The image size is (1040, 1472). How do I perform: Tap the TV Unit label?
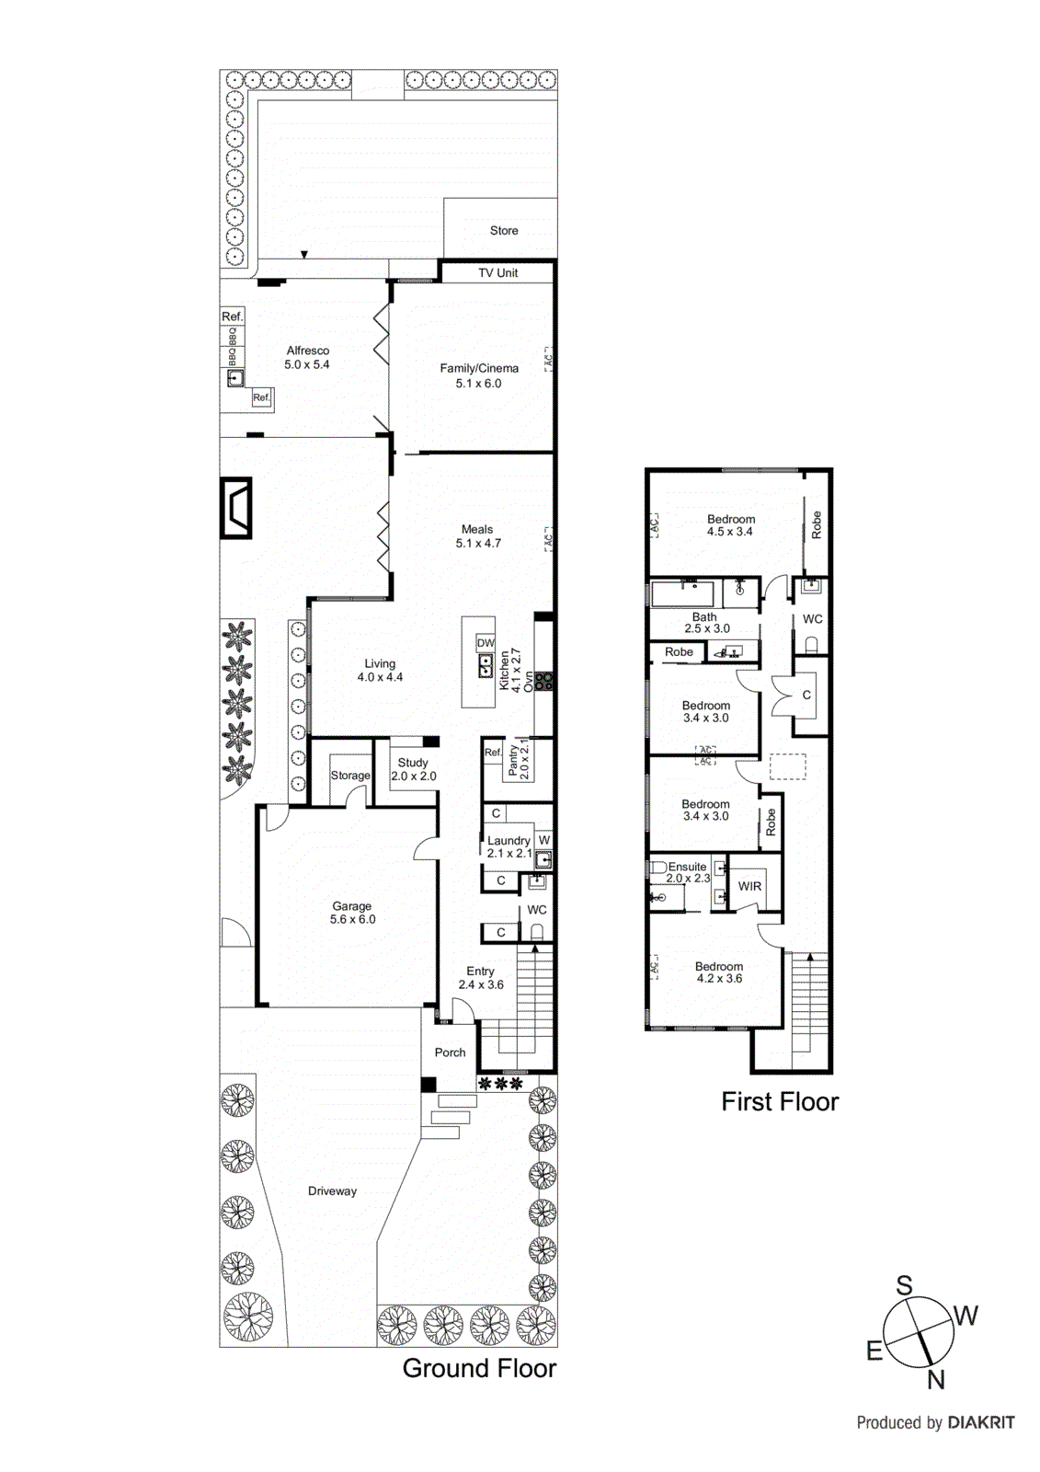coord(497,273)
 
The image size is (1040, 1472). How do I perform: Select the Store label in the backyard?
coord(504,231)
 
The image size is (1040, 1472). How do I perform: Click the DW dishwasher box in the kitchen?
coord(486,643)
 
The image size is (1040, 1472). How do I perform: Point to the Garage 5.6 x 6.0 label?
coord(352,913)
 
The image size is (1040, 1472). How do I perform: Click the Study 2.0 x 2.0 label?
coord(413,769)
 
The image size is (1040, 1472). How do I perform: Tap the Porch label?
coord(450,1052)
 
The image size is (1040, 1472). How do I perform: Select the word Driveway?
coord(332,1191)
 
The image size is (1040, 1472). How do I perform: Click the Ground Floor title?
coord(479,1368)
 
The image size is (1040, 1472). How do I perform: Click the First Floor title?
coord(780,1101)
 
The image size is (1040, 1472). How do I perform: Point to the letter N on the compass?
coord(936,1379)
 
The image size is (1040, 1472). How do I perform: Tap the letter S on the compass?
coord(904,1285)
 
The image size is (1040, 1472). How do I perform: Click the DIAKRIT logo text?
coord(981,1422)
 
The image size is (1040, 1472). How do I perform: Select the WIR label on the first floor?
coord(749,887)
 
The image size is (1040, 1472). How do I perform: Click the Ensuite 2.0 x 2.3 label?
coord(688,872)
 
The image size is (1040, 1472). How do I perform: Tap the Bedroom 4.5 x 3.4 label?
coord(730,525)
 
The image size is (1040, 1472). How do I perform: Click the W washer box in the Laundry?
coord(544,840)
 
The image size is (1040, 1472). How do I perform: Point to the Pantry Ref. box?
coord(493,752)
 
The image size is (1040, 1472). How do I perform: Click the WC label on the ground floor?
coord(537,910)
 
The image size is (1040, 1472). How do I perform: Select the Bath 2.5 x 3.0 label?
coord(706,623)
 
